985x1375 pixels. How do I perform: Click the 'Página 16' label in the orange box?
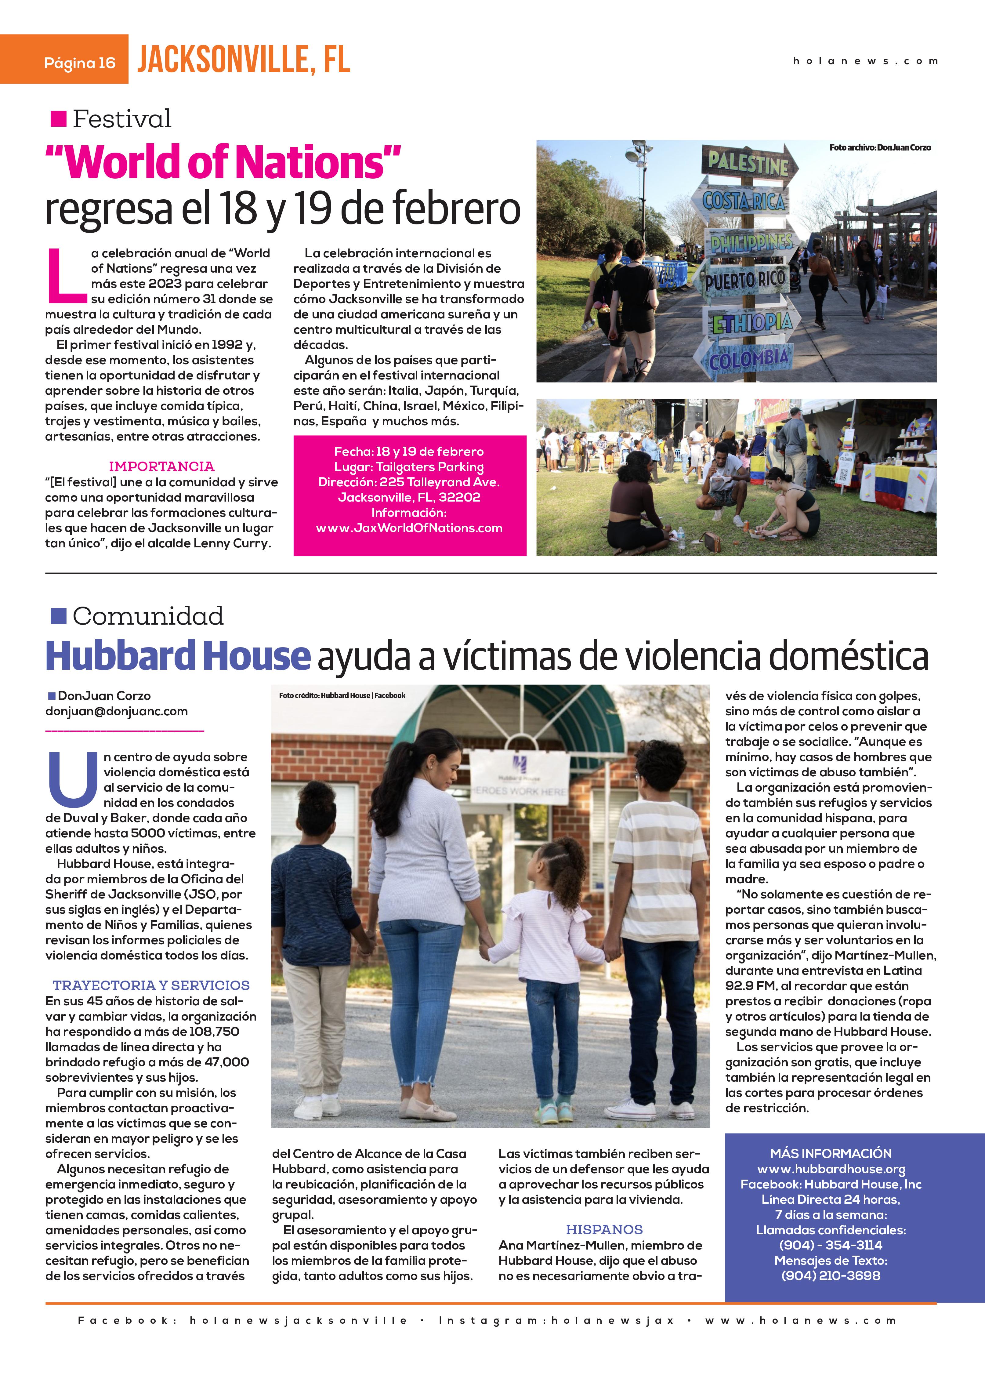[x=79, y=63]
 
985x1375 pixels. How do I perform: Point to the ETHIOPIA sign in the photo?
[x=751, y=322]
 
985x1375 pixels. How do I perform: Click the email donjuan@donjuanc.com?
[x=116, y=711]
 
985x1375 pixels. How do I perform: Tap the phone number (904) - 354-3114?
[x=831, y=1245]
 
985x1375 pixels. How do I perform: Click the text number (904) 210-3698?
[x=831, y=1275]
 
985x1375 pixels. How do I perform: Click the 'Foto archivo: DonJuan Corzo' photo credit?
[x=880, y=147]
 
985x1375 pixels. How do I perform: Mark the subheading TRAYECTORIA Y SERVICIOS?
[x=151, y=985]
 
